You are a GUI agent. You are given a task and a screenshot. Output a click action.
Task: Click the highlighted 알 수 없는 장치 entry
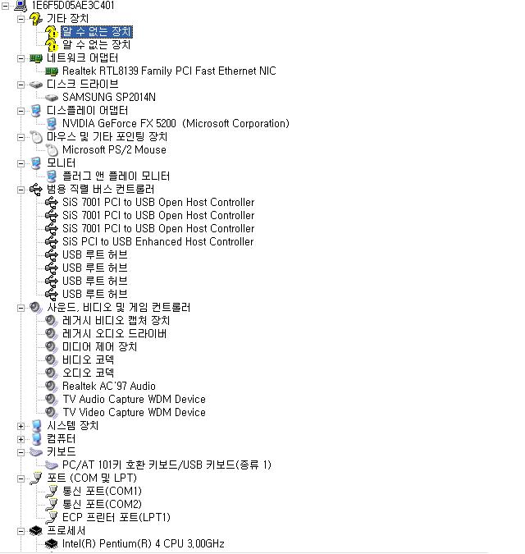(x=96, y=32)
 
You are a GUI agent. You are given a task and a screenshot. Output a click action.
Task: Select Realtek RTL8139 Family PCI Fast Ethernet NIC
(x=168, y=71)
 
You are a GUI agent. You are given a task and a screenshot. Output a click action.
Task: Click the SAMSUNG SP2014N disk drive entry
(x=108, y=98)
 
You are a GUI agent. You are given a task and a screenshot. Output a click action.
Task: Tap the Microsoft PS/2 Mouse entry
(x=114, y=150)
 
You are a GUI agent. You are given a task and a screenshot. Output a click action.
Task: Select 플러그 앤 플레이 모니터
(x=116, y=176)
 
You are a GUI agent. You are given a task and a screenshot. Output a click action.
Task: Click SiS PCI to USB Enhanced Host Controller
(x=157, y=242)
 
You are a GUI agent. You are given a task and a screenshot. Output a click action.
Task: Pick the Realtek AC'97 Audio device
(x=108, y=387)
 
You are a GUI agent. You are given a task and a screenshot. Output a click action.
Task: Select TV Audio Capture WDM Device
(x=134, y=400)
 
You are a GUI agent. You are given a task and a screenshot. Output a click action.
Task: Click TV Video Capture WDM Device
(x=134, y=413)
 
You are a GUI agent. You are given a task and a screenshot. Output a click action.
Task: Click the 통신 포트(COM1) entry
(x=102, y=492)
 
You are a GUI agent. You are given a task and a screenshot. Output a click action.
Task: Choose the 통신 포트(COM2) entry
(x=102, y=505)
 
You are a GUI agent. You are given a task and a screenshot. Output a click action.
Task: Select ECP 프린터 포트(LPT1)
(x=116, y=518)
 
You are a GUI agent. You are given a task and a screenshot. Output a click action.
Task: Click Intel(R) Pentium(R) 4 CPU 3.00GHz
(x=143, y=544)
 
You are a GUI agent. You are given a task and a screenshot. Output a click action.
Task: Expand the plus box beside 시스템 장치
(x=21, y=426)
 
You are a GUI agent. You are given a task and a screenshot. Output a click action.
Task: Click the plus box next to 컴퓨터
(x=21, y=439)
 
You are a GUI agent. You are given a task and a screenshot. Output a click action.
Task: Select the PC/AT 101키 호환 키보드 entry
(x=166, y=465)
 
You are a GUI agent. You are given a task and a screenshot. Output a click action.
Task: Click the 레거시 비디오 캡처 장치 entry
(x=116, y=321)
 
